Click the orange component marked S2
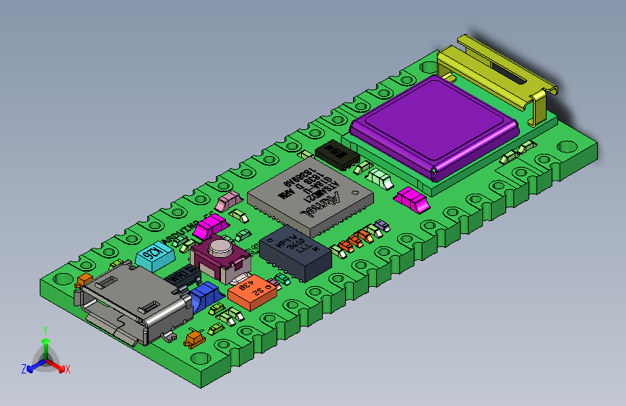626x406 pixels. coord(253,293)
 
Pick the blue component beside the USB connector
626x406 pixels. coord(208,294)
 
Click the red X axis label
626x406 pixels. coord(68,370)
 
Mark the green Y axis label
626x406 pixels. coord(45,330)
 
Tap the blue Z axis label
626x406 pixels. coord(24,369)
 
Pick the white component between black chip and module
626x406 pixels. coord(378,177)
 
